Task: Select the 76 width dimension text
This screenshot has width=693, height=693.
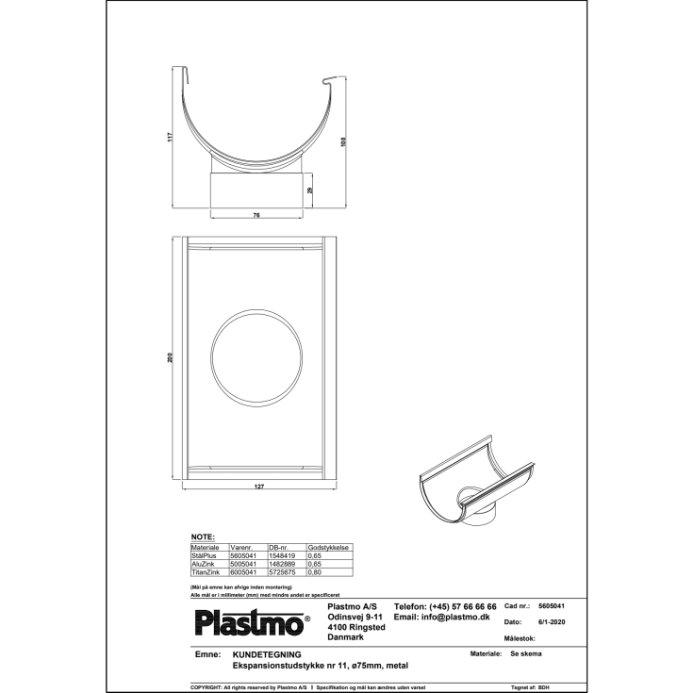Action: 256,216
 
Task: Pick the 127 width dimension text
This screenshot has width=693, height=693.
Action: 257,487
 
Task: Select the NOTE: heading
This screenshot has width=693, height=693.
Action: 203,536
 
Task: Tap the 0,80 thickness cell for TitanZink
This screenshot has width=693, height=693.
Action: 315,572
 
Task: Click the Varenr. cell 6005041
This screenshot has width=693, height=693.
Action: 243,572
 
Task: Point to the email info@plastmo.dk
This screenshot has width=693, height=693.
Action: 441,617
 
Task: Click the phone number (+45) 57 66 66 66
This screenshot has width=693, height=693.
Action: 445,606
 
